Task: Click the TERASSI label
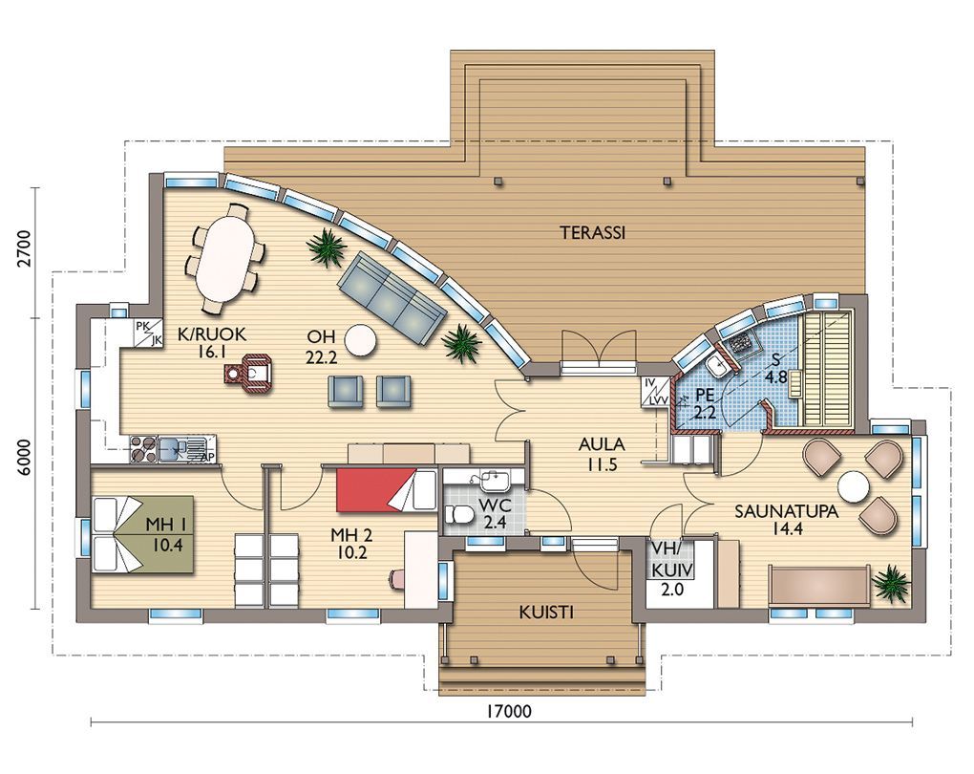(593, 233)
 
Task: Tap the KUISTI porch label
(546, 613)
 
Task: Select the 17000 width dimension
(509, 711)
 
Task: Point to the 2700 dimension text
(24, 248)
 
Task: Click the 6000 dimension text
(24, 458)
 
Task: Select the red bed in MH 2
(385, 491)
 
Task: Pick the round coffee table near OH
(361, 341)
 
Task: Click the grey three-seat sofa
(392, 299)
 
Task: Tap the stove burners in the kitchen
(143, 449)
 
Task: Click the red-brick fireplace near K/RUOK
(248, 374)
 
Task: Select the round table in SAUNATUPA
(853, 486)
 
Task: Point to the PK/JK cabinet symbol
(149, 333)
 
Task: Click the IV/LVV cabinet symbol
(655, 392)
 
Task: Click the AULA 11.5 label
(602, 455)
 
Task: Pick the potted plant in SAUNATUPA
(891, 583)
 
